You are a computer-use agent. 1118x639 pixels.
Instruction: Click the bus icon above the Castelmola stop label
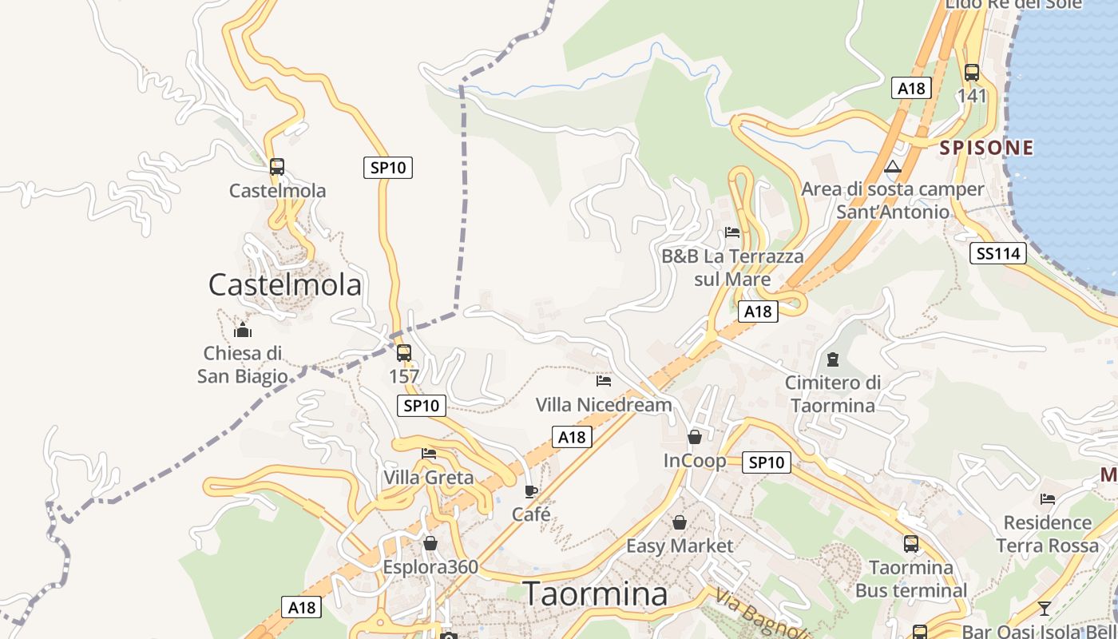(277, 167)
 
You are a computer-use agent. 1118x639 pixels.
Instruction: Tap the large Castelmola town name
(285, 285)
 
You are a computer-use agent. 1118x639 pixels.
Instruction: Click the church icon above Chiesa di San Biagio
(243, 330)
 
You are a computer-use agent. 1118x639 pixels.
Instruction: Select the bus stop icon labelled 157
(404, 352)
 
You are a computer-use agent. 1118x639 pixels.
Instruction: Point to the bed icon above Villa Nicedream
(604, 381)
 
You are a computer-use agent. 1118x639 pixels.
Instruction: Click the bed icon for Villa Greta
(429, 454)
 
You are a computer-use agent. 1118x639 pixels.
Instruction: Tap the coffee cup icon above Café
(531, 491)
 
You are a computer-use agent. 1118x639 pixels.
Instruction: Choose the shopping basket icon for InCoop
(695, 437)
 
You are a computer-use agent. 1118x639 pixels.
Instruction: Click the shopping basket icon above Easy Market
(679, 522)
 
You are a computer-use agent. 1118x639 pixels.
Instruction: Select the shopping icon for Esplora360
(430, 543)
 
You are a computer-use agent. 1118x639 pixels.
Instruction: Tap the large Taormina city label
(595, 594)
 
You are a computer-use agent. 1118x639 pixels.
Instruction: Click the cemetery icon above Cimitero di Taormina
(833, 359)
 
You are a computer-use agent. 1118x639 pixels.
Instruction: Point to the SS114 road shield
(998, 254)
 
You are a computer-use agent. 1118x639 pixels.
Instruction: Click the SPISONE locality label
(986, 148)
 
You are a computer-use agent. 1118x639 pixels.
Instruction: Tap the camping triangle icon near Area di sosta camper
(893, 167)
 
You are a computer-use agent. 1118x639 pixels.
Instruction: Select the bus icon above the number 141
(972, 73)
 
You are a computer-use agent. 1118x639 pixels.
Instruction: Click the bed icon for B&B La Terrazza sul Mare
(732, 233)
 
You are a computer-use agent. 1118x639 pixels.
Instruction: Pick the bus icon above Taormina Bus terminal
(911, 544)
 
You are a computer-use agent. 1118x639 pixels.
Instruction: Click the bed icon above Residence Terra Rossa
(1048, 499)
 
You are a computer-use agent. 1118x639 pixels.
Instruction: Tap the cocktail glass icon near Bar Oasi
(1044, 609)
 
